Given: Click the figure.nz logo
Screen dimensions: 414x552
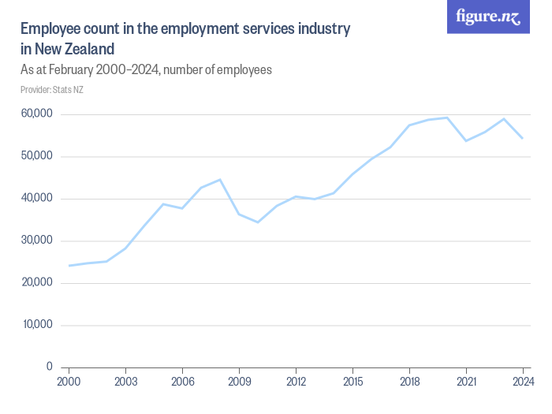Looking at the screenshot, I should (488, 17).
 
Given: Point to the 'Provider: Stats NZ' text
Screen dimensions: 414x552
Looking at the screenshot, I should (52, 90).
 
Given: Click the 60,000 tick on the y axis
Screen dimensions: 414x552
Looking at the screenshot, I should (36, 114).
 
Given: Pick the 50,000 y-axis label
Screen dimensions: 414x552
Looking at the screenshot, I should (36, 156).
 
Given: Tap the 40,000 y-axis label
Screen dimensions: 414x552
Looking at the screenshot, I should (36, 199).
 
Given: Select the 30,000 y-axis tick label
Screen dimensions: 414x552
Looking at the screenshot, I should (36, 241).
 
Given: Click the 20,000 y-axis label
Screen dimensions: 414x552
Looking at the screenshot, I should (36, 282).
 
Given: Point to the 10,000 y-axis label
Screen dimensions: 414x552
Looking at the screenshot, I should (36, 325).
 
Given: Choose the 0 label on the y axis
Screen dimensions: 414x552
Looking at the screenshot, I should (49, 367).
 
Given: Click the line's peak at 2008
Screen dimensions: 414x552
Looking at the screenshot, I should (220, 180).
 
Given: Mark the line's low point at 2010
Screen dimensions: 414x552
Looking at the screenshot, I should (258, 222).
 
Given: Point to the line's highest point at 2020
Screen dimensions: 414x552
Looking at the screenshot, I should (447, 117).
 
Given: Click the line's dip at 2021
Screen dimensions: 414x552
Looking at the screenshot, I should (466, 140).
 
